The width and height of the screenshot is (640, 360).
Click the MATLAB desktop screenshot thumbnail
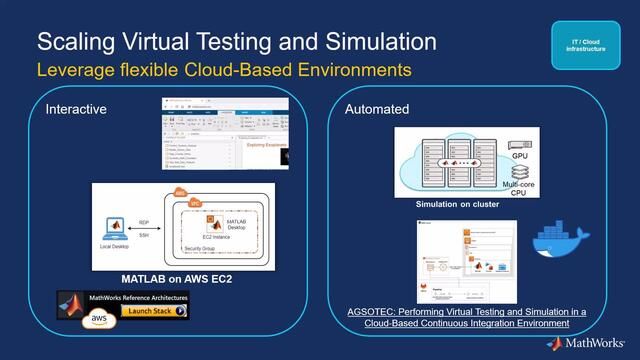point(224,135)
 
